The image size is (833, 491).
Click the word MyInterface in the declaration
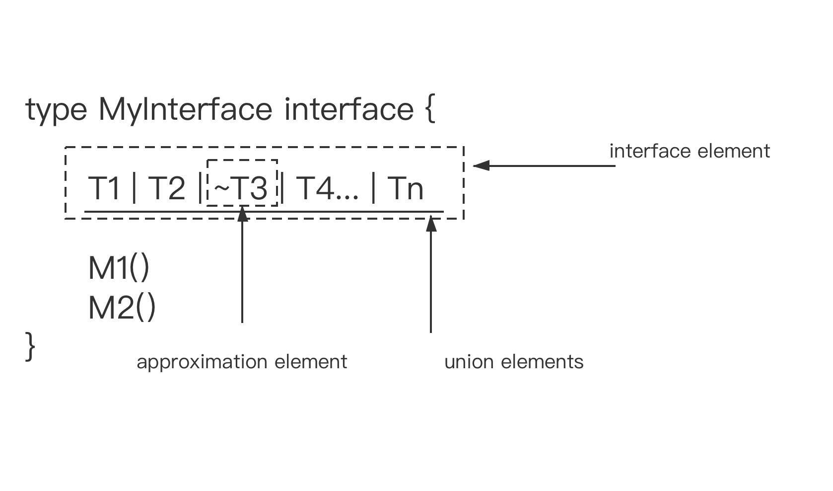pyautogui.click(x=185, y=109)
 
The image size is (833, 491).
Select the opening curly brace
pyautogui.click(x=430, y=109)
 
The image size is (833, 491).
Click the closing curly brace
pyautogui.click(x=30, y=346)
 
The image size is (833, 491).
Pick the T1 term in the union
pyautogui.click(x=104, y=188)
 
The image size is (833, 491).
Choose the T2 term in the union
pyautogui.click(x=166, y=188)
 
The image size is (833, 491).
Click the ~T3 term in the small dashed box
pyautogui.click(x=241, y=188)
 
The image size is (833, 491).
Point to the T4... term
pyautogui.click(x=327, y=188)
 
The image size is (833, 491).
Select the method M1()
pyautogui.click(x=119, y=268)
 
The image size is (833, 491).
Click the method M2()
pyautogui.click(x=122, y=308)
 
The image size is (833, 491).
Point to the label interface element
pyautogui.click(x=690, y=151)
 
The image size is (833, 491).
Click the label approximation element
pyautogui.click(x=242, y=362)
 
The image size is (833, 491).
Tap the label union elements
pyautogui.click(x=514, y=362)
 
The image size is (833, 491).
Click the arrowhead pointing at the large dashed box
pyautogui.click(x=481, y=165)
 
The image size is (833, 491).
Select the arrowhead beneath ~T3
pyautogui.click(x=242, y=214)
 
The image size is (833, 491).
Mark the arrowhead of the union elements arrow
pyautogui.click(x=431, y=223)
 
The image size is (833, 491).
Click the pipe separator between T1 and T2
pyautogui.click(x=134, y=188)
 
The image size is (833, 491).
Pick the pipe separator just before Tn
pyautogui.click(x=373, y=188)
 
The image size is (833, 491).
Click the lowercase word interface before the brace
pyautogui.click(x=349, y=109)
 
